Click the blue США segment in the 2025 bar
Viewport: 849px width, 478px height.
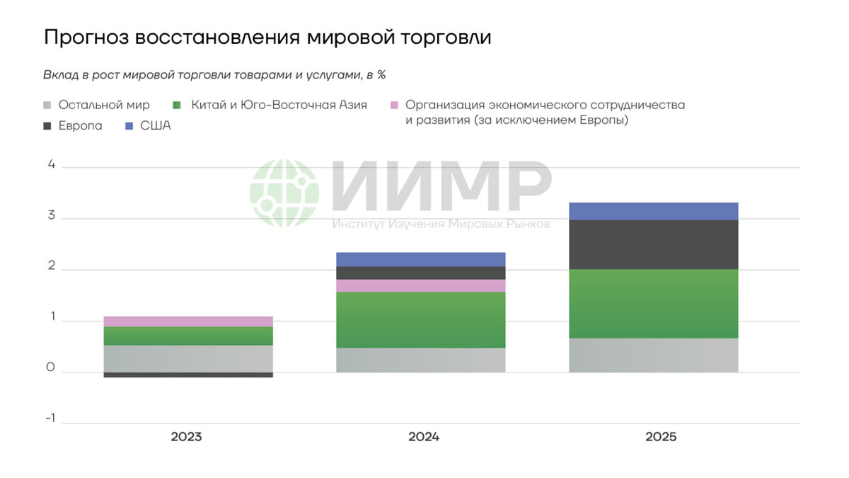(x=653, y=211)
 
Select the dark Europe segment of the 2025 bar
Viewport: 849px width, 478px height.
(x=653, y=244)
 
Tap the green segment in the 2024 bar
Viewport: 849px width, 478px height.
(x=420, y=319)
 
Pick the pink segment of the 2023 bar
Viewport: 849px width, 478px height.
(x=187, y=321)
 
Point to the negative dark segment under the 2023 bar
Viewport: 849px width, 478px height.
(x=187, y=375)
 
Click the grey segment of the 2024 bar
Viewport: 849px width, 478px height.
(x=420, y=360)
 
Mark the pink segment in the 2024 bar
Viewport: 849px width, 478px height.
(x=420, y=285)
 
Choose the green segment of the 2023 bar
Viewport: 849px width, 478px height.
(x=187, y=336)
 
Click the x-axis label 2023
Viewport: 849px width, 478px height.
(x=186, y=437)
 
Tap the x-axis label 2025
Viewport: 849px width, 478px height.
(x=661, y=437)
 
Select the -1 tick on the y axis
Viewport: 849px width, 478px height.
(x=50, y=418)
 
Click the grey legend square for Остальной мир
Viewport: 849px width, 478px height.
(x=47, y=106)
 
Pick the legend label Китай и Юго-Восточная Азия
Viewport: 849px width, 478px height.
(x=279, y=105)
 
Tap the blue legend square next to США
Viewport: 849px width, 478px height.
(x=129, y=126)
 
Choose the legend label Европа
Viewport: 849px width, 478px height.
(x=80, y=126)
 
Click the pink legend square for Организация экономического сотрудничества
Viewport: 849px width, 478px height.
(x=395, y=106)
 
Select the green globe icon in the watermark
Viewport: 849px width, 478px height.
(x=284, y=193)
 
